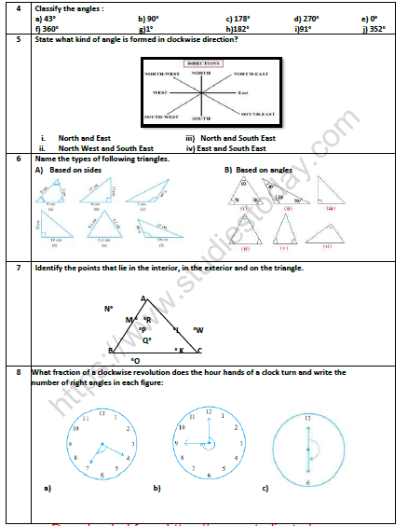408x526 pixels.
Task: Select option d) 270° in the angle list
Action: [306, 18]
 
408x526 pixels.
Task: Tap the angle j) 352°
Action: [374, 28]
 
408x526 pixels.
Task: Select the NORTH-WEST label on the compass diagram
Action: [160, 73]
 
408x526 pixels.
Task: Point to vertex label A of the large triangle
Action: [143, 298]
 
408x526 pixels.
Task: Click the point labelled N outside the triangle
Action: [108, 308]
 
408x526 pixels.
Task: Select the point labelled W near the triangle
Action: [197, 329]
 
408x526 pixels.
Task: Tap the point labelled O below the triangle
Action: [136, 359]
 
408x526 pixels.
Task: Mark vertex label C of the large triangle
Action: [199, 351]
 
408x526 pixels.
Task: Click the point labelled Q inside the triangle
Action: [146, 340]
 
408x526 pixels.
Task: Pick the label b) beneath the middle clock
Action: [156, 488]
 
